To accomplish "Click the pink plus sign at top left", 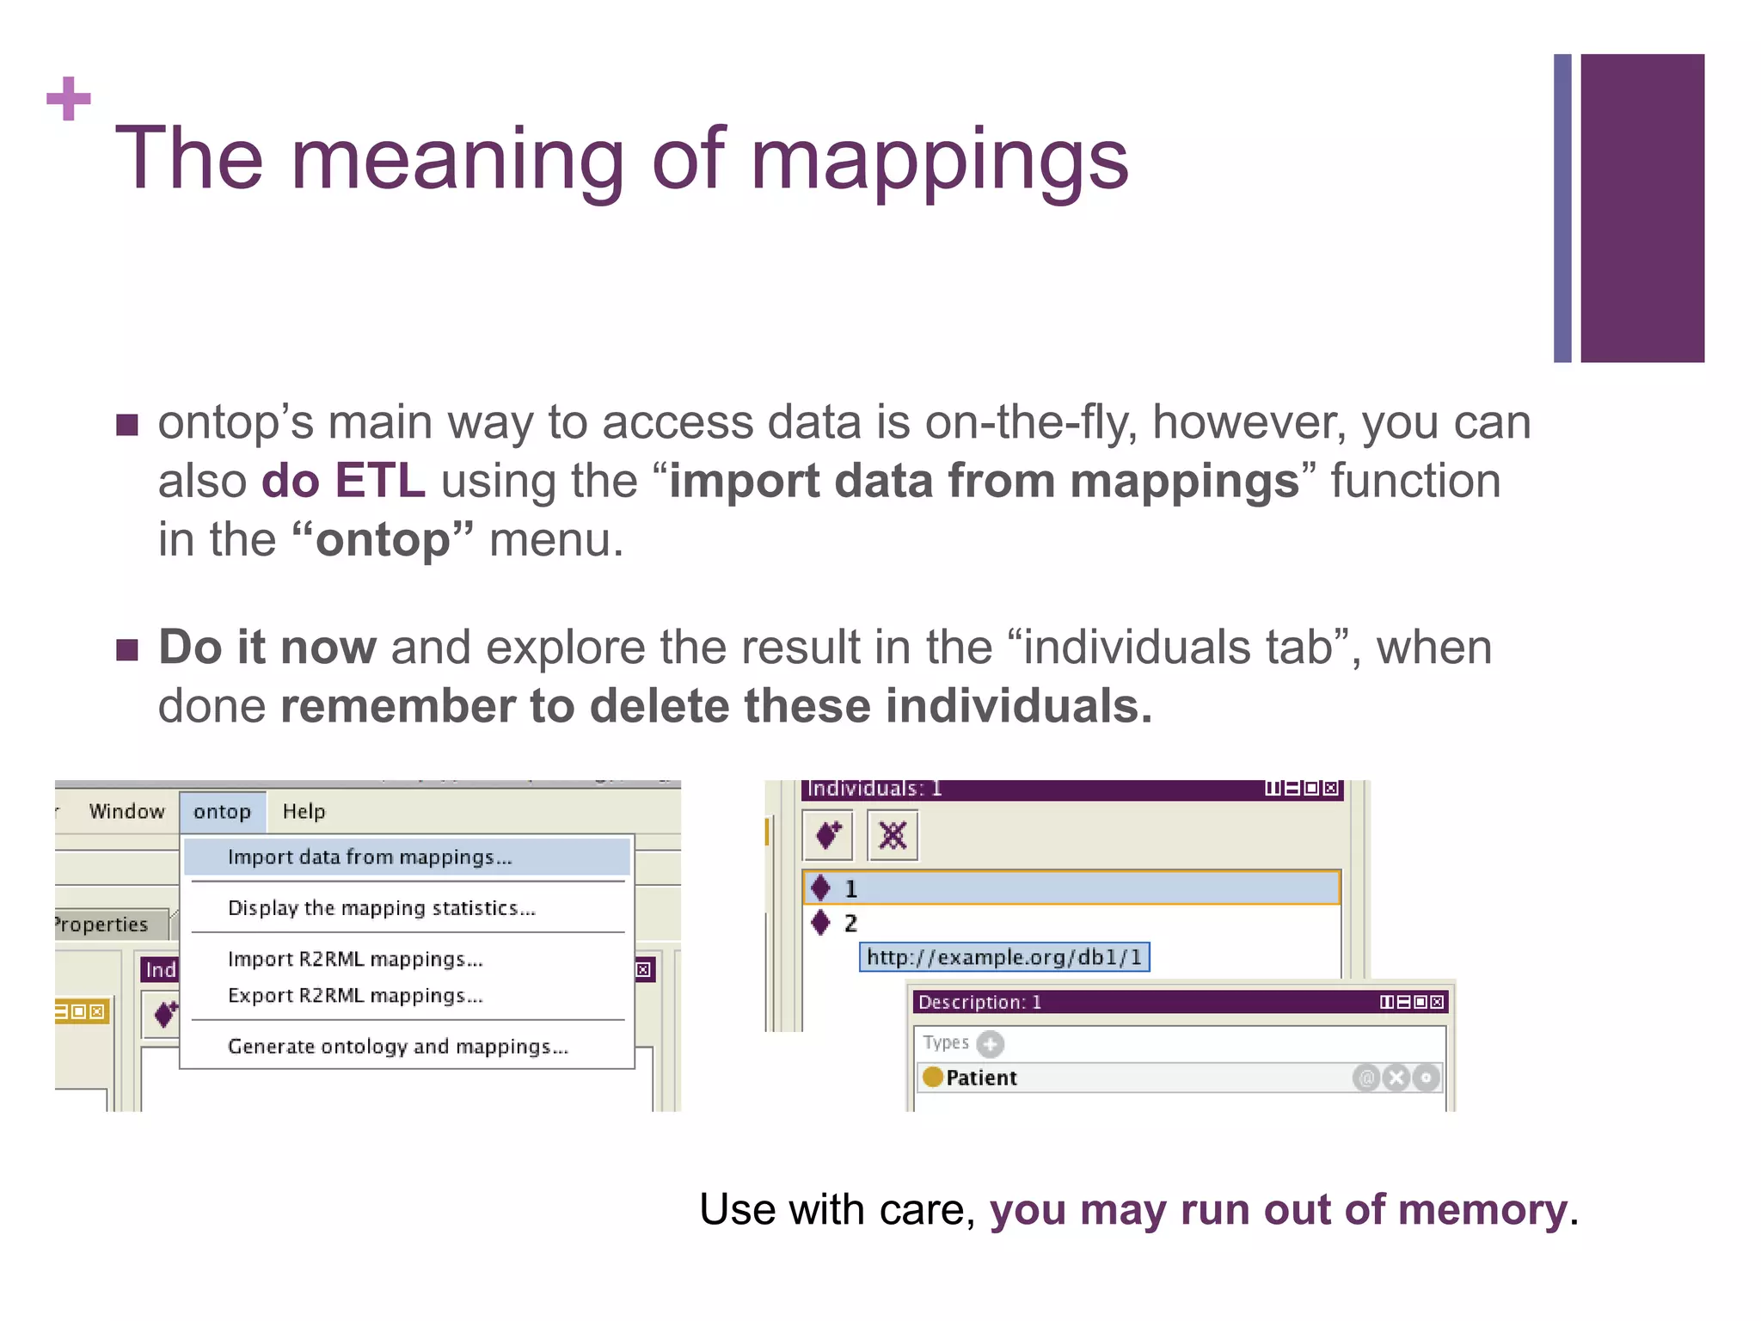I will (x=69, y=99).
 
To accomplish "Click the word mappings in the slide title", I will (x=939, y=160).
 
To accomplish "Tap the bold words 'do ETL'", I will (x=342, y=480).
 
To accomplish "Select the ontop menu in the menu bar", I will (x=222, y=812).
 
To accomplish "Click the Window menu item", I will (x=126, y=812).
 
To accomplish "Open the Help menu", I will (x=304, y=812).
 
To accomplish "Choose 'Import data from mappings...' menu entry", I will (x=370, y=857).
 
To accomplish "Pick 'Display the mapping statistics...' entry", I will (x=381, y=908).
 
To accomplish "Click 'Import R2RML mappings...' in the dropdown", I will (x=355, y=959).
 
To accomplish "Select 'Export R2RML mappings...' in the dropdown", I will (x=355, y=996).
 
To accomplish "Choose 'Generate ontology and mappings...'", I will (x=397, y=1047).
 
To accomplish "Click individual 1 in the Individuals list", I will (x=850, y=888).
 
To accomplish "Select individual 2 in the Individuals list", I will (x=850, y=924).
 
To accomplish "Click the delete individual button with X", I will (x=893, y=835).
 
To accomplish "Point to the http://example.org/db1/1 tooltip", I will (x=1003, y=957).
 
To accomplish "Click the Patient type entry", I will (x=980, y=1078).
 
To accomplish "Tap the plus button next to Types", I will (x=990, y=1044).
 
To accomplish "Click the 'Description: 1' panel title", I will (x=979, y=1002).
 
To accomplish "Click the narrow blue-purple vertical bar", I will (x=1562, y=208).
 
